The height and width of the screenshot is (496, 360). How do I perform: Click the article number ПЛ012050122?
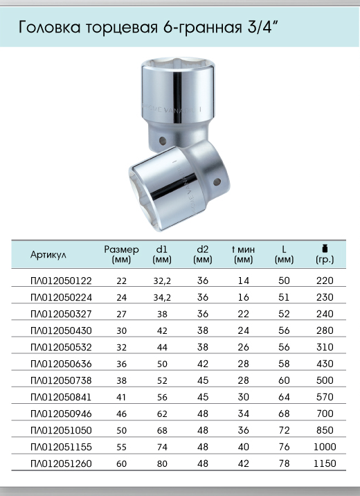point(61,281)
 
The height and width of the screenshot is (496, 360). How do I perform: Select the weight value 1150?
point(325,463)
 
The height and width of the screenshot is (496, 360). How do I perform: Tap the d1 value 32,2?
point(162,281)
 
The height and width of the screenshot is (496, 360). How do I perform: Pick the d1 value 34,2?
point(162,297)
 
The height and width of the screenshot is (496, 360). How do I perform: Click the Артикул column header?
point(48,255)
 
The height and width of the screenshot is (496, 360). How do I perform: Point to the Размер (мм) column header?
point(121,255)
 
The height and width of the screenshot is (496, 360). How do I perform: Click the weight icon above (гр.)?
point(325,248)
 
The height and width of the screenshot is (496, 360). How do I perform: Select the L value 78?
point(284,463)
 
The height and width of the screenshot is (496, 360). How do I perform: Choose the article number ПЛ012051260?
point(61,463)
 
